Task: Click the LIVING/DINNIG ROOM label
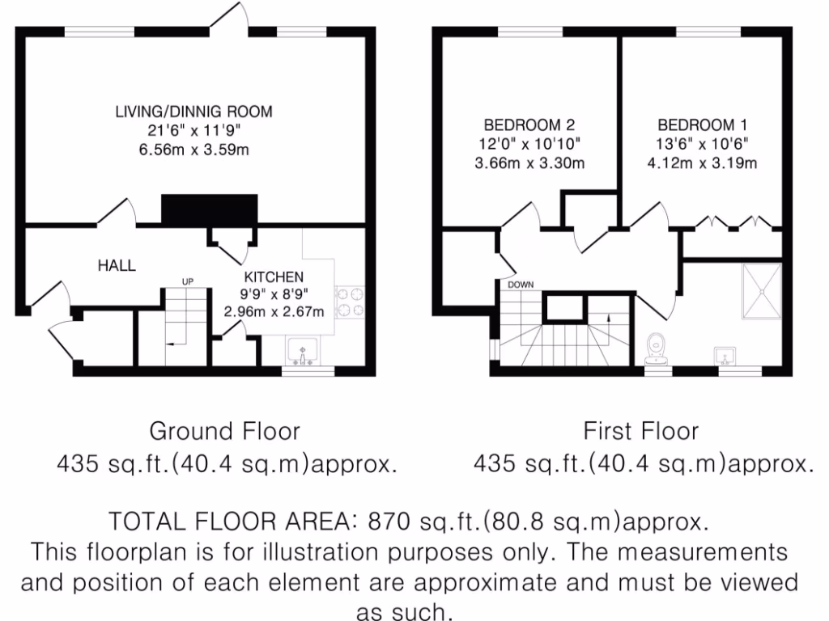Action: [x=193, y=112]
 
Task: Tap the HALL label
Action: [x=117, y=265]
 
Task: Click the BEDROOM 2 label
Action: [x=529, y=125]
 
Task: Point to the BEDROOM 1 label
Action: [x=702, y=125]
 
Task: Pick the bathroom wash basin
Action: [x=724, y=355]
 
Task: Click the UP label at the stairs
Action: [x=188, y=281]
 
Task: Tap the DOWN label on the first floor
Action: [x=520, y=285]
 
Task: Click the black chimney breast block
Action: [x=210, y=210]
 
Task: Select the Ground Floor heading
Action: [x=224, y=429]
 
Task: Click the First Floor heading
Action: [x=640, y=429]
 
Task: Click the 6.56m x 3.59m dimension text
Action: [x=193, y=149]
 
